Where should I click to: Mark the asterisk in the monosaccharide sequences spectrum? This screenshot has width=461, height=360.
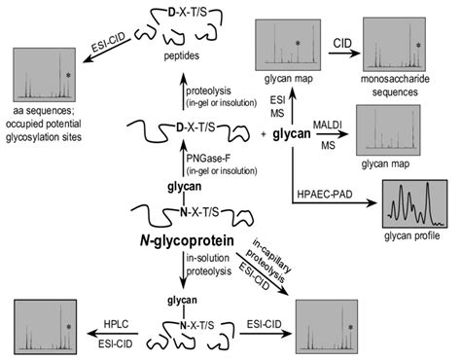pyautogui.click(x=419, y=46)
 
